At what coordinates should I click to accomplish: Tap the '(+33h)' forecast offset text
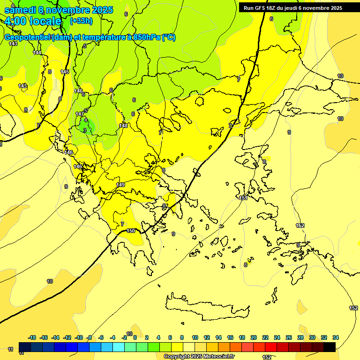click(81, 21)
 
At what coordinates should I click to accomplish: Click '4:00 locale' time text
click(33, 21)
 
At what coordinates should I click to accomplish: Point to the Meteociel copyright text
click(199, 357)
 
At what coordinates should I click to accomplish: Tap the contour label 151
click(243, 198)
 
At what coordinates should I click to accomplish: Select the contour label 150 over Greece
click(131, 231)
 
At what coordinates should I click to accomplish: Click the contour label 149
click(121, 185)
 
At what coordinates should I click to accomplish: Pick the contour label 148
click(123, 126)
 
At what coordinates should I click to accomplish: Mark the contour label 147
click(80, 114)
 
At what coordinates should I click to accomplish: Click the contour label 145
click(65, 72)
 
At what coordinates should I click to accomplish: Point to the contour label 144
click(37, 53)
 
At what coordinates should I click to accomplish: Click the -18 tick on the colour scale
click(32, 337)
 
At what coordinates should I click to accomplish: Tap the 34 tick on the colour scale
click(336, 337)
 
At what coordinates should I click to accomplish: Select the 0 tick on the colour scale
click(135, 337)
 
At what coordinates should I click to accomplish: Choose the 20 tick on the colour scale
click(254, 337)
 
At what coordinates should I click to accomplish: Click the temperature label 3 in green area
click(85, 130)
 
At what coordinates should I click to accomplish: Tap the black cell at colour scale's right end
click(330, 347)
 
